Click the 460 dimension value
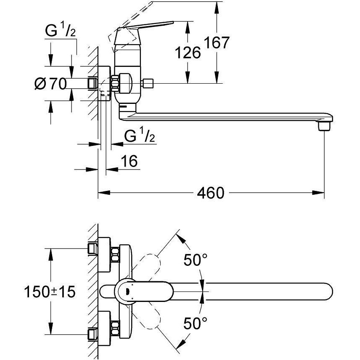211,193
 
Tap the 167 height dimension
217,42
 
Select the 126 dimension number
187,53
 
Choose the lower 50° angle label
195,323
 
